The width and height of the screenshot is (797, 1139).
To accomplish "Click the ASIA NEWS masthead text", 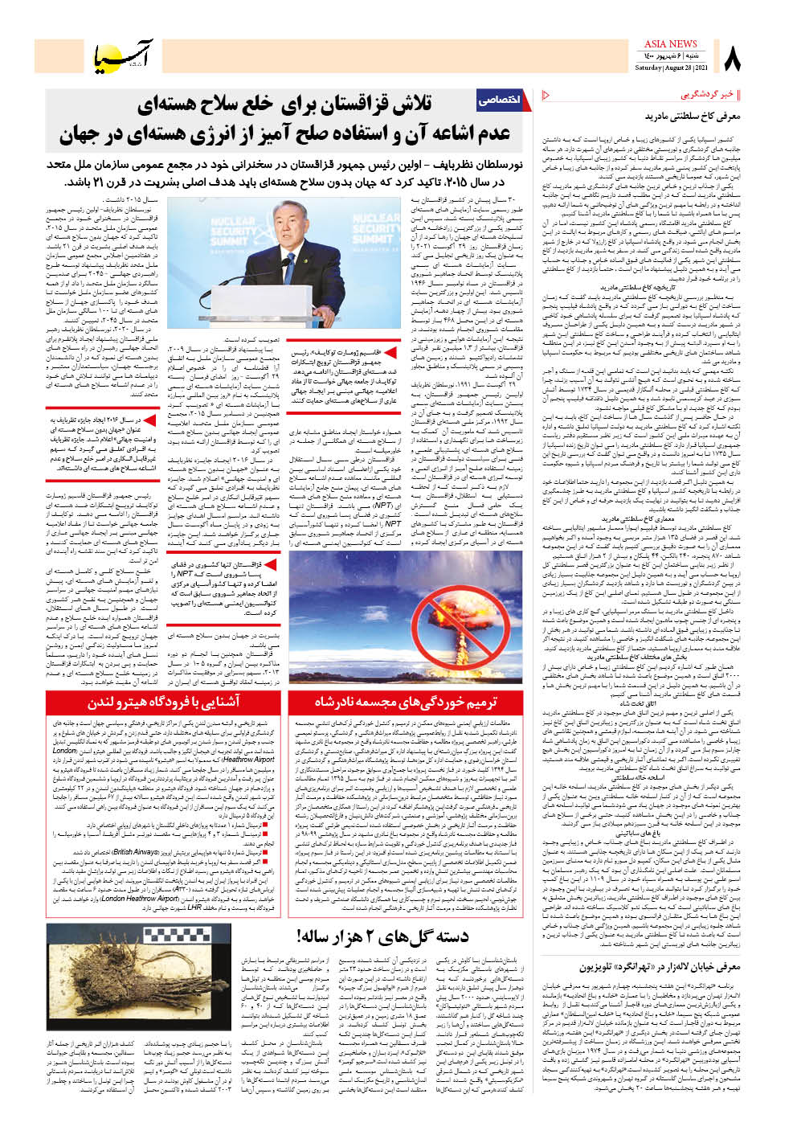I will pyautogui.click(x=671, y=44).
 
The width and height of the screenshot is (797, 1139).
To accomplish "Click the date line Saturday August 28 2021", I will pyautogui.click(x=670, y=68).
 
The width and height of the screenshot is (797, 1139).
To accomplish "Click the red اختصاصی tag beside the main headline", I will pyautogui.click(x=498, y=100).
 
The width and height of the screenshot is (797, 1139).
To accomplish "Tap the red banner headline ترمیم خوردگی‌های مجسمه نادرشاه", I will pyautogui.click(x=406, y=702).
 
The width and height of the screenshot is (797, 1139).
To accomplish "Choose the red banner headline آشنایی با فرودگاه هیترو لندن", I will pyautogui.click(x=164, y=702).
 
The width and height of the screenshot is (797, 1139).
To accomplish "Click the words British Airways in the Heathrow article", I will pyautogui.click(x=135, y=852).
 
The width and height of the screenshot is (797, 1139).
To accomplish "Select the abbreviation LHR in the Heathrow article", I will pyautogui.click(x=194, y=908).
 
